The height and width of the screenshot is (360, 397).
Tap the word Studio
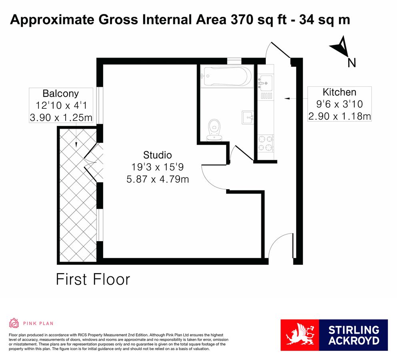[x=157, y=155]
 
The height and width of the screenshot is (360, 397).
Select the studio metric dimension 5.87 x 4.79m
[x=157, y=179]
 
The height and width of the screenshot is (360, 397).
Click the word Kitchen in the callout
[x=339, y=92]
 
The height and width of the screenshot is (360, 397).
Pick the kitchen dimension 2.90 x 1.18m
[x=339, y=116]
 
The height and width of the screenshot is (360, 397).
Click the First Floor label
[x=93, y=279]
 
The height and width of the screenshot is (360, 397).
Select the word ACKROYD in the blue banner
[x=353, y=341]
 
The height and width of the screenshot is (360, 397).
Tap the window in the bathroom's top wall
[x=234, y=61]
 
